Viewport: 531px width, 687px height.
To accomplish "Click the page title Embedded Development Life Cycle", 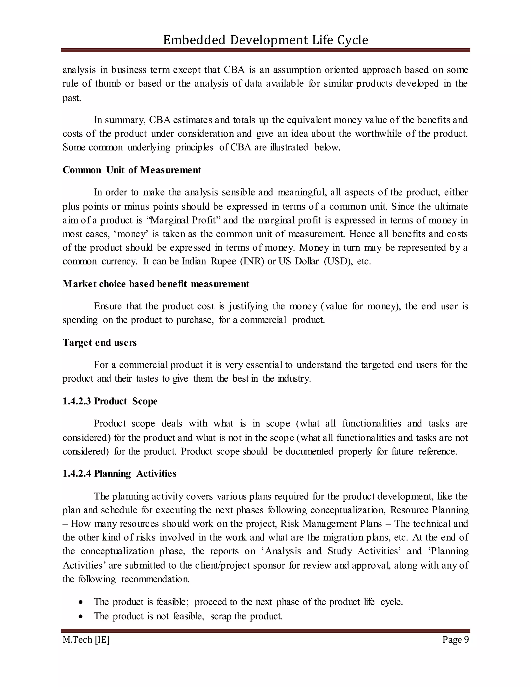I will pyautogui.click(x=265, y=40).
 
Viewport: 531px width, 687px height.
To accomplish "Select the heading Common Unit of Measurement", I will pyautogui.click(x=132, y=170).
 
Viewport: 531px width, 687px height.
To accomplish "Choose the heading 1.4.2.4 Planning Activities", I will pyautogui.click(x=119, y=473).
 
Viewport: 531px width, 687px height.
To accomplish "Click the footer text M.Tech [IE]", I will pyautogui.click(x=86, y=640).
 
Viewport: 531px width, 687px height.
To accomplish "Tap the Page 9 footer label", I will pyautogui.click(x=455, y=640).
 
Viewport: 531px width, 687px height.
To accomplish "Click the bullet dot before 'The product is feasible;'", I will pyautogui.click(x=81, y=602).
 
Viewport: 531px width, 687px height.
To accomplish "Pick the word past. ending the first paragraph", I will pyautogui.click(x=72, y=98).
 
